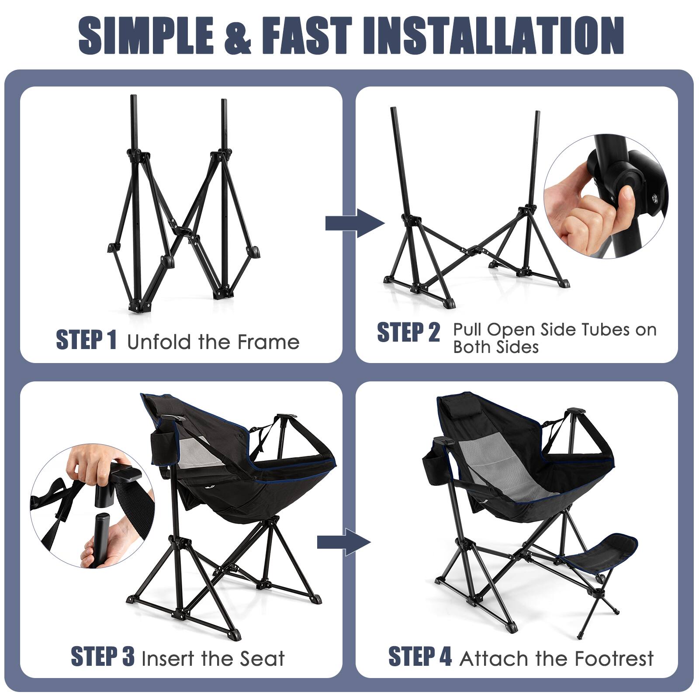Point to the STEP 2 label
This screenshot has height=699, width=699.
[408, 332]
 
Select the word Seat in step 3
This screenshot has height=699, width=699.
[262, 658]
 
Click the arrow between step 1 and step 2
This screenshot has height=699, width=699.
[354, 223]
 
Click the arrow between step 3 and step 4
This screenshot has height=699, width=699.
[343, 542]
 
